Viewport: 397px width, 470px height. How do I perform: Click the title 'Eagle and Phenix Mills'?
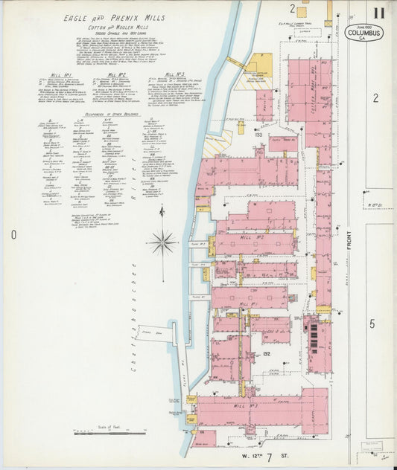click(113, 17)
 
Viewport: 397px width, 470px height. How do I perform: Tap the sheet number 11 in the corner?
click(380, 12)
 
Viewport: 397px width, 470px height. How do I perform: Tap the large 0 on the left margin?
click(13, 235)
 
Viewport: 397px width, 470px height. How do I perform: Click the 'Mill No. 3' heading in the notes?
click(174, 74)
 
